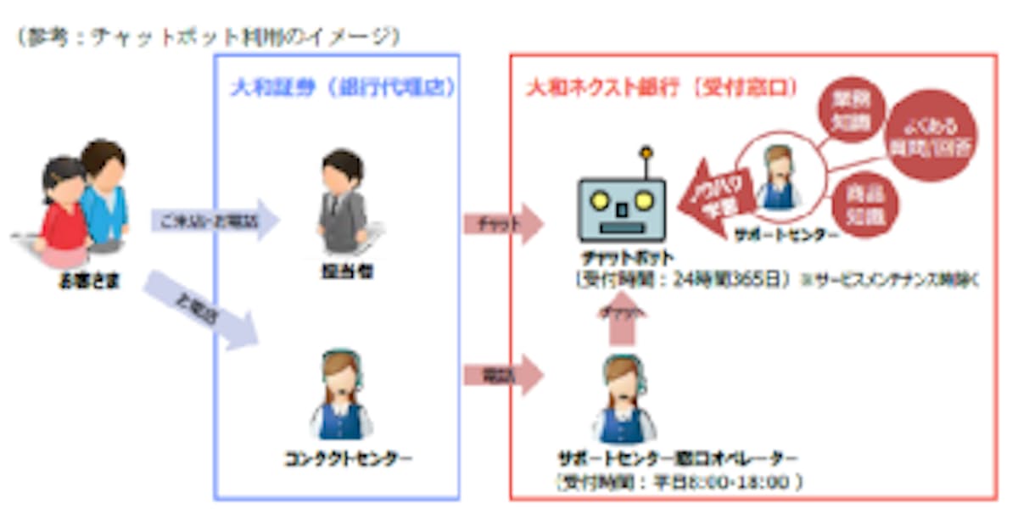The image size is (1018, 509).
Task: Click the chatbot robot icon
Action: tap(621, 208)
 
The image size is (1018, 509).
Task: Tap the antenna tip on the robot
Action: tap(646, 154)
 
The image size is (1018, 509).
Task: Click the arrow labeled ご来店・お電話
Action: tap(215, 222)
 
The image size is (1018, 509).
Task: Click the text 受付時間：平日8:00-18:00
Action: tap(679, 482)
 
